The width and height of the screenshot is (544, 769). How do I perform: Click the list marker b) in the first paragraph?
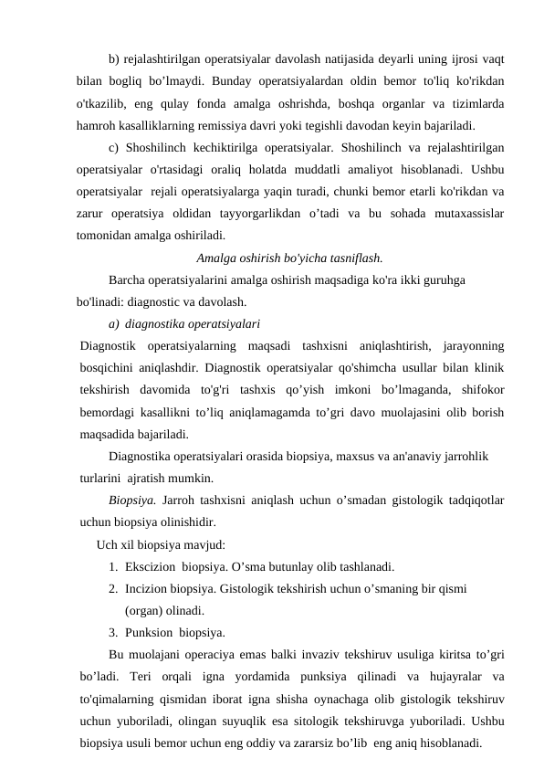[114, 60]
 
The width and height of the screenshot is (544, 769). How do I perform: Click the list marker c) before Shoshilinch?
[114, 148]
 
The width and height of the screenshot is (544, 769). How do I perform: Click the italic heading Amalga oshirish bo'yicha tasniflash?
[289, 258]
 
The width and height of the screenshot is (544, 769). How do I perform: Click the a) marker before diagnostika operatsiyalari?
[113, 323]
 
